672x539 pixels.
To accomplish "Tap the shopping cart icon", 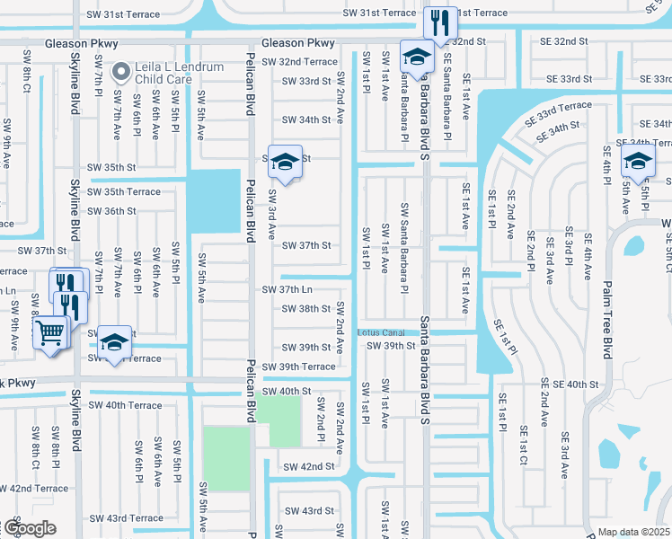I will click(50, 333).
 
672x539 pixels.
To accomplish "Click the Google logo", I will click(29, 527).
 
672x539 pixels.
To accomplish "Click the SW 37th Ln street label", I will click(287, 290).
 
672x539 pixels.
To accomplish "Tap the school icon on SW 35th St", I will click(285, 163).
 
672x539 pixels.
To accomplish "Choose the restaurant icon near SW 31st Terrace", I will click(439, 23).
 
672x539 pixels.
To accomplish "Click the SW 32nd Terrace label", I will click(296, 62).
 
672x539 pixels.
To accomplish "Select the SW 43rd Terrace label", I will click(126, 518).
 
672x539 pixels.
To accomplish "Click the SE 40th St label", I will click(569, 384).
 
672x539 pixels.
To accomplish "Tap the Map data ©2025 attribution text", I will click(633, 532).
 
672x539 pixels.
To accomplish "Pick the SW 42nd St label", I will click(308, 467).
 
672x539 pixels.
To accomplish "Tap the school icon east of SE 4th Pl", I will click(638, 161).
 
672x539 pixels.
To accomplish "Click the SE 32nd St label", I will click(558, 42).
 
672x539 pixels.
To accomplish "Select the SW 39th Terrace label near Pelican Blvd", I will click(304, 367).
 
